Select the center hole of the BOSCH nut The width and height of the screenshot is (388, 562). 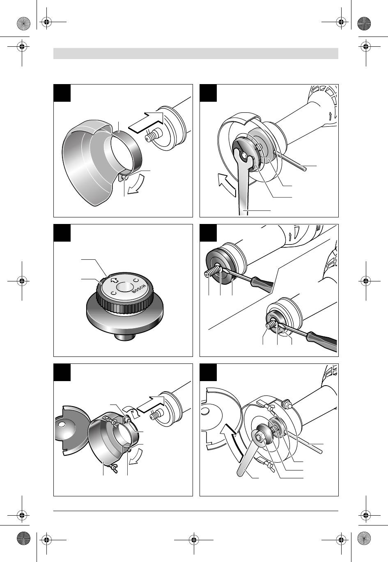point(125,287)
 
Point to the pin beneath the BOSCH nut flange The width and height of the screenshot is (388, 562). point(124,337)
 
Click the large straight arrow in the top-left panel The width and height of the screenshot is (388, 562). point(146,122)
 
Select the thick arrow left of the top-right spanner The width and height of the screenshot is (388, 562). point(227,185)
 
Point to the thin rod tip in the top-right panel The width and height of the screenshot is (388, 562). point(305,169)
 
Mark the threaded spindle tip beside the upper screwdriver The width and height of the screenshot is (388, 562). point(207,275)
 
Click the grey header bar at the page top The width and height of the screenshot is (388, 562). point(196,53)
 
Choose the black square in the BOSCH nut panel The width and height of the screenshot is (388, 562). point(62,233)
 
